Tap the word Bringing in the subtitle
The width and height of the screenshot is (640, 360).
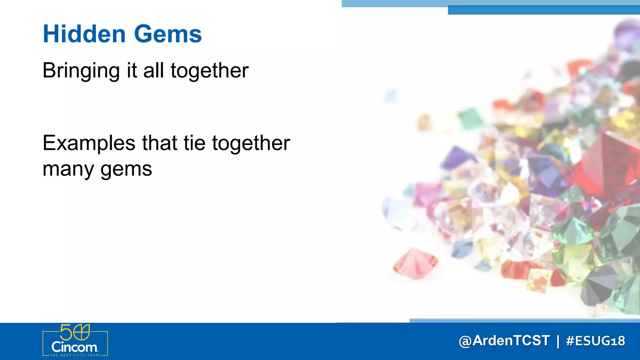(x=81, y=71)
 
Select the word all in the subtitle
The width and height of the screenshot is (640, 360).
(x=154, y=71)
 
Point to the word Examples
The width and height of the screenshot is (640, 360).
(x=89, y=143)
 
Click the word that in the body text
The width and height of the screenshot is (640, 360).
(x=160, y=143)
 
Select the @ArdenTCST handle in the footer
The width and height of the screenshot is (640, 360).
(x=504, y=341)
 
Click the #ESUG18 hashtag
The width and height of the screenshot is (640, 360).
(x=596, y=341)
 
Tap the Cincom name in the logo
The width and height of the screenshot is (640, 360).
(x=74, y=347)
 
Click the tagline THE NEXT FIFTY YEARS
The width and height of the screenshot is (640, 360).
(x=75, y=355)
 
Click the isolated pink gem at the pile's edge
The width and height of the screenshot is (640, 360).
(x=415, y=263)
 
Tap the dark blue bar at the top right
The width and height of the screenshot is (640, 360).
(x=544, y=10)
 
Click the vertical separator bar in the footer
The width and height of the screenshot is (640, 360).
(x=558, y=341)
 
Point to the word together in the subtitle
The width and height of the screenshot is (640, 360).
(x=209, y=71)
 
